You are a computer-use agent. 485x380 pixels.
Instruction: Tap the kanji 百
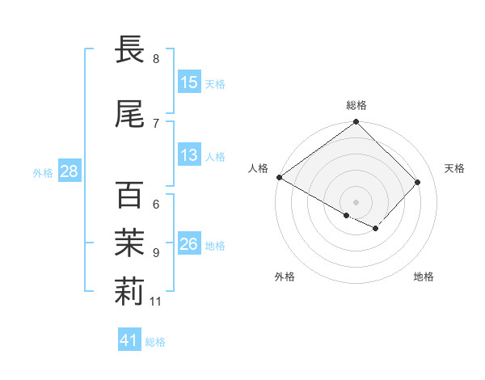click(x=129, y=195)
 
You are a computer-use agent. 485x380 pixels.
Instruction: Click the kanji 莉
click(x=129, y=293)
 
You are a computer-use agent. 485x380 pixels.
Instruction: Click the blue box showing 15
click(x=189, y=82)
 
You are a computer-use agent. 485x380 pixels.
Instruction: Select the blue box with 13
click(x=189, y=156)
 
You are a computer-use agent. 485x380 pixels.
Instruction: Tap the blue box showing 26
click(x=189, y=244)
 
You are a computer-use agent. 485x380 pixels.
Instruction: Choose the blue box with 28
click(x=69, y=171)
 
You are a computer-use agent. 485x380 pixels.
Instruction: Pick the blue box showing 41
click(x=130, y=340)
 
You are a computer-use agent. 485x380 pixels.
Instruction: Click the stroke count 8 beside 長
click(x=156, y=59)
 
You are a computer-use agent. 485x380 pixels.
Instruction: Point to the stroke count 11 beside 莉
click(x=156, y=302)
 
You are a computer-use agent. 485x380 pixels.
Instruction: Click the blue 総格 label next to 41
click(x=155, y=342)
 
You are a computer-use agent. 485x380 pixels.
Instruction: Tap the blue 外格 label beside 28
click(x=43, y=173)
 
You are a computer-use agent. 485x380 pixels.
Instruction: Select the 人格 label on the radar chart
click(x=259, y=168)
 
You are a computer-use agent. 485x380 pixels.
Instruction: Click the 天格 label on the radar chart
click(x=454, y=168)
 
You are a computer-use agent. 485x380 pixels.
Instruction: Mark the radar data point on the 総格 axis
click(x=356, y=122)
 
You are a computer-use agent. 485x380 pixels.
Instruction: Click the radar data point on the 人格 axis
click(x=279, y=177)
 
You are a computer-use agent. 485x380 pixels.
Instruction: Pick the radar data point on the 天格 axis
click(x=418, y=182)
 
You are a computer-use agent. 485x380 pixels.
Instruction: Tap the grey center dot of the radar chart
click(x=356, y=201)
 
